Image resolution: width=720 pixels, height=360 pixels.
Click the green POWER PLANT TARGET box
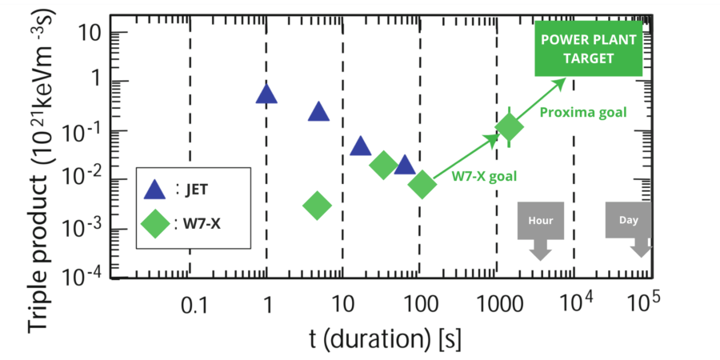[x=588, y=49]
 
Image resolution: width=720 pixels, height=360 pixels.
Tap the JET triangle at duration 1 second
[x=266, y=94]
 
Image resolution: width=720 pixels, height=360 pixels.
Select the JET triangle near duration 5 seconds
[x=318, y=111]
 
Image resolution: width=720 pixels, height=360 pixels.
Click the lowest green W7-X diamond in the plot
[x=318, y=205]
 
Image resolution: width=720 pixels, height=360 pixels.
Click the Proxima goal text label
[x=583, y=113]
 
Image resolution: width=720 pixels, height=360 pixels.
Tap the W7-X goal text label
[x=484, y=176]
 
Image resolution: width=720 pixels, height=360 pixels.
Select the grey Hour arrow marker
[x=541, y=231]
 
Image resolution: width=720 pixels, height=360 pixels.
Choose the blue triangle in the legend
[x=155, y=189]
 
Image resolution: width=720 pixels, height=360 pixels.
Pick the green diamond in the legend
[x=155, y=224]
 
